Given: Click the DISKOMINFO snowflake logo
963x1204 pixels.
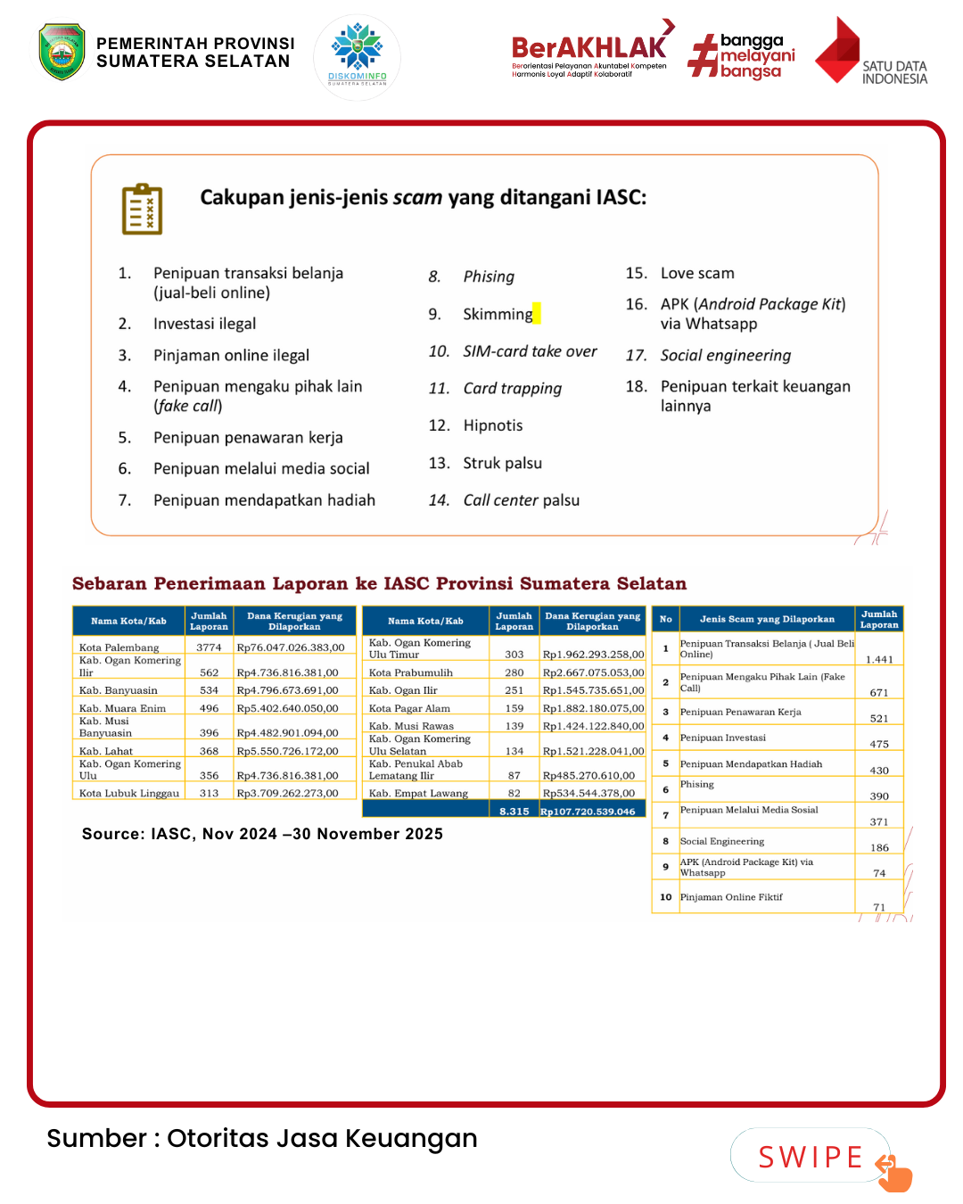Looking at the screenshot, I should pos(358,52).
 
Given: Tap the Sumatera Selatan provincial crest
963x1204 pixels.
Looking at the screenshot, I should pos(62,52).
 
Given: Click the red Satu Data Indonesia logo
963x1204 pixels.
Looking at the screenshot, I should pos(838,51).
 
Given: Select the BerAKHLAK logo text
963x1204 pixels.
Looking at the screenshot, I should pos(588,47).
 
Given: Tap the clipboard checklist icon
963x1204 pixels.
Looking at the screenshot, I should pos(142,210).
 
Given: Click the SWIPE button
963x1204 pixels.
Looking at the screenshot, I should pos(811,1157).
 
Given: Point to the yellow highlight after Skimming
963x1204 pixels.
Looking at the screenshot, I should pos(537,314).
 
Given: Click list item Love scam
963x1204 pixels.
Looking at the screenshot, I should pos(697,273).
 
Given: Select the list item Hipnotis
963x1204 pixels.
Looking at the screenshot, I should pos(493,425).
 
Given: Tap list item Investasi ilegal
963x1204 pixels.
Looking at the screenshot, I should pos(204,324).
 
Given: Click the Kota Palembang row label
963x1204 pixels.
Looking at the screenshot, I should pos(119,647).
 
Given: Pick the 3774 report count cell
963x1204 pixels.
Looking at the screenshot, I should pos(209,647).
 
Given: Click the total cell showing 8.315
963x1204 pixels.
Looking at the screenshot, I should pos(514,812).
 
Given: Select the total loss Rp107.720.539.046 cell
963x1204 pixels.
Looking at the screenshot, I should pos(588,812).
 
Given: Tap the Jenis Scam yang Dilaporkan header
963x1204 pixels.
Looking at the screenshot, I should pos(767,619).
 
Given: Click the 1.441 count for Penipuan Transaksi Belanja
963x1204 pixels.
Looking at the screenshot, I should pos(879,659).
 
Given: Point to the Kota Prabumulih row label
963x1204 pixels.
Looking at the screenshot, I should pos(411,672).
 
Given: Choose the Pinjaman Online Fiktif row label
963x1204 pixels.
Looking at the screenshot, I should pos(731,897).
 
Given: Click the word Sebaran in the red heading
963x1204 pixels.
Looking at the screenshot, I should pos(109,584).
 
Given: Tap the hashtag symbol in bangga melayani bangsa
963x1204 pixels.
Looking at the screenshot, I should pos(703,56).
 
